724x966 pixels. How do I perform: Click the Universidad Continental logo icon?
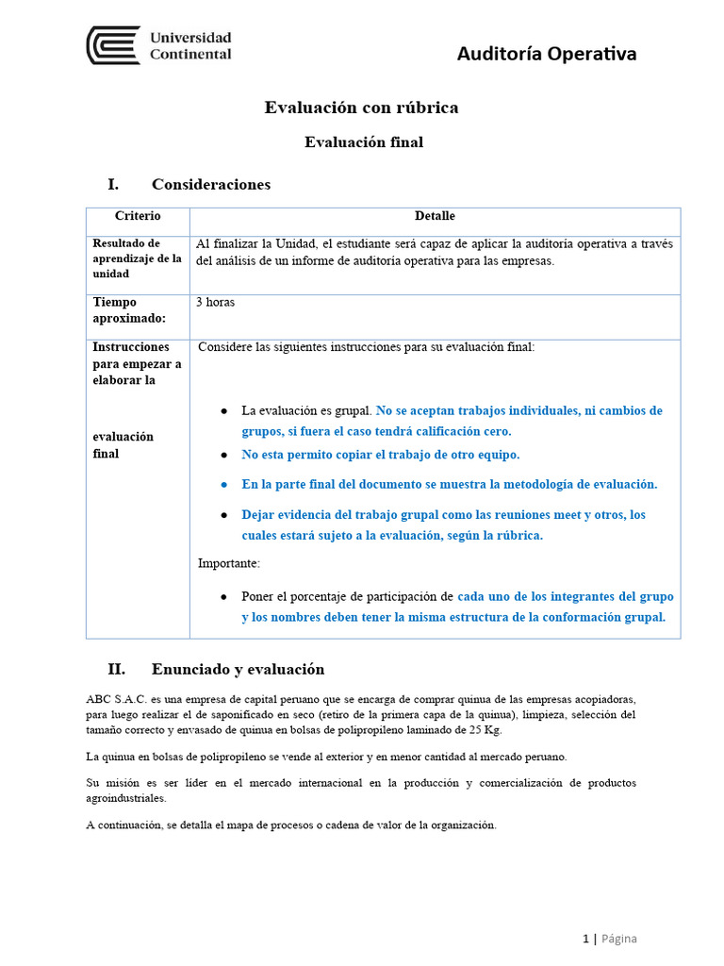tap(113, 45)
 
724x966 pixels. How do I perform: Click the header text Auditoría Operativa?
tap(546, 54)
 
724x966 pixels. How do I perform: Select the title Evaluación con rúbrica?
tap(361, 108)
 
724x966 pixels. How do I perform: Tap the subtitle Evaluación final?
tap(363, 142)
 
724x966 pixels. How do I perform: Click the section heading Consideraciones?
tap(210, 184)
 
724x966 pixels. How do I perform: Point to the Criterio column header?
tap(138, 216)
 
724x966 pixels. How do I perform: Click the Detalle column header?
tap(435, 216)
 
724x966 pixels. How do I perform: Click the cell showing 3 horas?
tap(215, 303)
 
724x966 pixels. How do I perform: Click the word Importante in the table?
tap(228, 563)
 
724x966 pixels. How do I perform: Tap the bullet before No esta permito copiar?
tap(224, 455)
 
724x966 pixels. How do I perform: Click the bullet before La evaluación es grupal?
tap(224, 411)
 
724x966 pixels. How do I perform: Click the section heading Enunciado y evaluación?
tap(238, 669)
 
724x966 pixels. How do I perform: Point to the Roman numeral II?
tap(116, 669)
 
